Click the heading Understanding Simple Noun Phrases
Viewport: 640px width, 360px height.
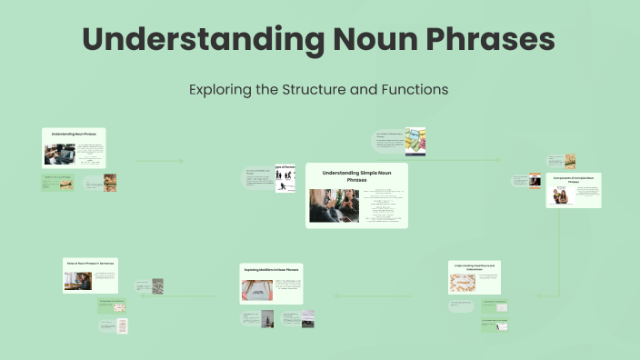click(x=356, y=175)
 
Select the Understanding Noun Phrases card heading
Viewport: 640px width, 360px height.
click(x=74, y=134)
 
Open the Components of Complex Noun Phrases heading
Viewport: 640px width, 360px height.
click(x=574, y=180)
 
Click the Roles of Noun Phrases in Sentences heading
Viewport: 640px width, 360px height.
click(x=90, y=262)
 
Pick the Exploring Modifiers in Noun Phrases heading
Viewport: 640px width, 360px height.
click(x=271, y=269)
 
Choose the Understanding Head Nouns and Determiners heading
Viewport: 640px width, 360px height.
click(x=475, y=266)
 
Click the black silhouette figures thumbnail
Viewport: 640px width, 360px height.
click(x=285, y=180)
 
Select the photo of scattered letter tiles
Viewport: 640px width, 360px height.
click(x=462, y=283)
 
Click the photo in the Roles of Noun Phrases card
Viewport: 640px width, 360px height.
click(x=76, y=281)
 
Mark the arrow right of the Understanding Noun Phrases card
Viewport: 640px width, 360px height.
click(x=159, y=161)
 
